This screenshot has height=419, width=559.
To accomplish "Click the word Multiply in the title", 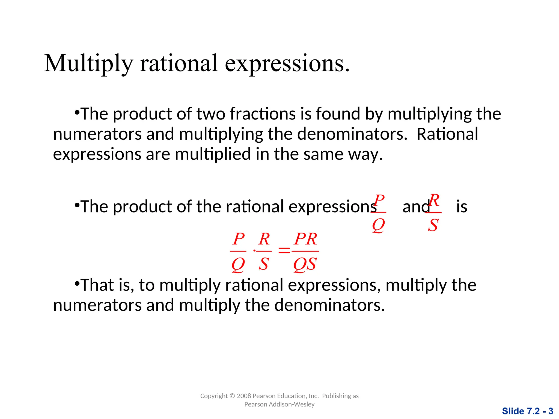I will [x=88, y=64].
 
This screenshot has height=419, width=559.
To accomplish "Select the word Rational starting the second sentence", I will [x=447, y=134].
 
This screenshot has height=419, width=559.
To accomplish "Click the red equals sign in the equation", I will [x=284, y=250].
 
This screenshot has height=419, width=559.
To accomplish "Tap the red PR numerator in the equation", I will [x=305, y=239].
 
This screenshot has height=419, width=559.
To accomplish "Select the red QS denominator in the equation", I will [x=305, y=264].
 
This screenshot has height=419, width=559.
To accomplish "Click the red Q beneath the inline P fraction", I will [x=378, y=225].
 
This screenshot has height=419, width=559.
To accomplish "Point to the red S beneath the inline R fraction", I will [x=433, y=225].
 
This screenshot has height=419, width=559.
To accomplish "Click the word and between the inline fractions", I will [x=415, y=206].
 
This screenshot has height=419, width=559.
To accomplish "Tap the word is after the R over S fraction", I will [x=462, y=206].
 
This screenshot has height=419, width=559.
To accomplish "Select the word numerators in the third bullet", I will [x=97, y=305].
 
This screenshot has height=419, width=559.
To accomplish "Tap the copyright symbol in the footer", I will [x=232, y=396].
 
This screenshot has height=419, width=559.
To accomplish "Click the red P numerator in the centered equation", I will [x=239, y=239].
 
